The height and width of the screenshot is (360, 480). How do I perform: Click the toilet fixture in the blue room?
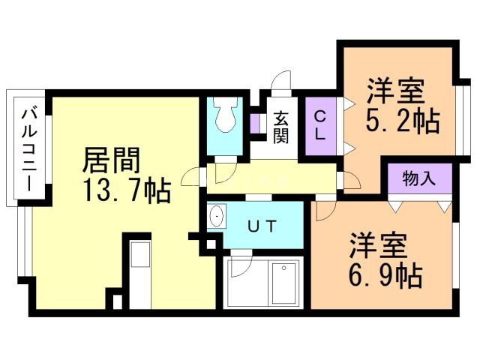click(224, 115)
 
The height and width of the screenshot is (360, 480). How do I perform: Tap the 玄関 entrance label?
click(280, 127)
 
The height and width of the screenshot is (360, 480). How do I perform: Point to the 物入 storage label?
click(419, 178)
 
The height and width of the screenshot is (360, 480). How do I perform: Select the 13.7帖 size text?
click(127, 190)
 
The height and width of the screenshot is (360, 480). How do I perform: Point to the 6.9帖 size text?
click(383, 276)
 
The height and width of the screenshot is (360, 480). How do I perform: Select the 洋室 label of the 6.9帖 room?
click(379, 246)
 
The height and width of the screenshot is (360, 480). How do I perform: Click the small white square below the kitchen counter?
click(116, 301)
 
